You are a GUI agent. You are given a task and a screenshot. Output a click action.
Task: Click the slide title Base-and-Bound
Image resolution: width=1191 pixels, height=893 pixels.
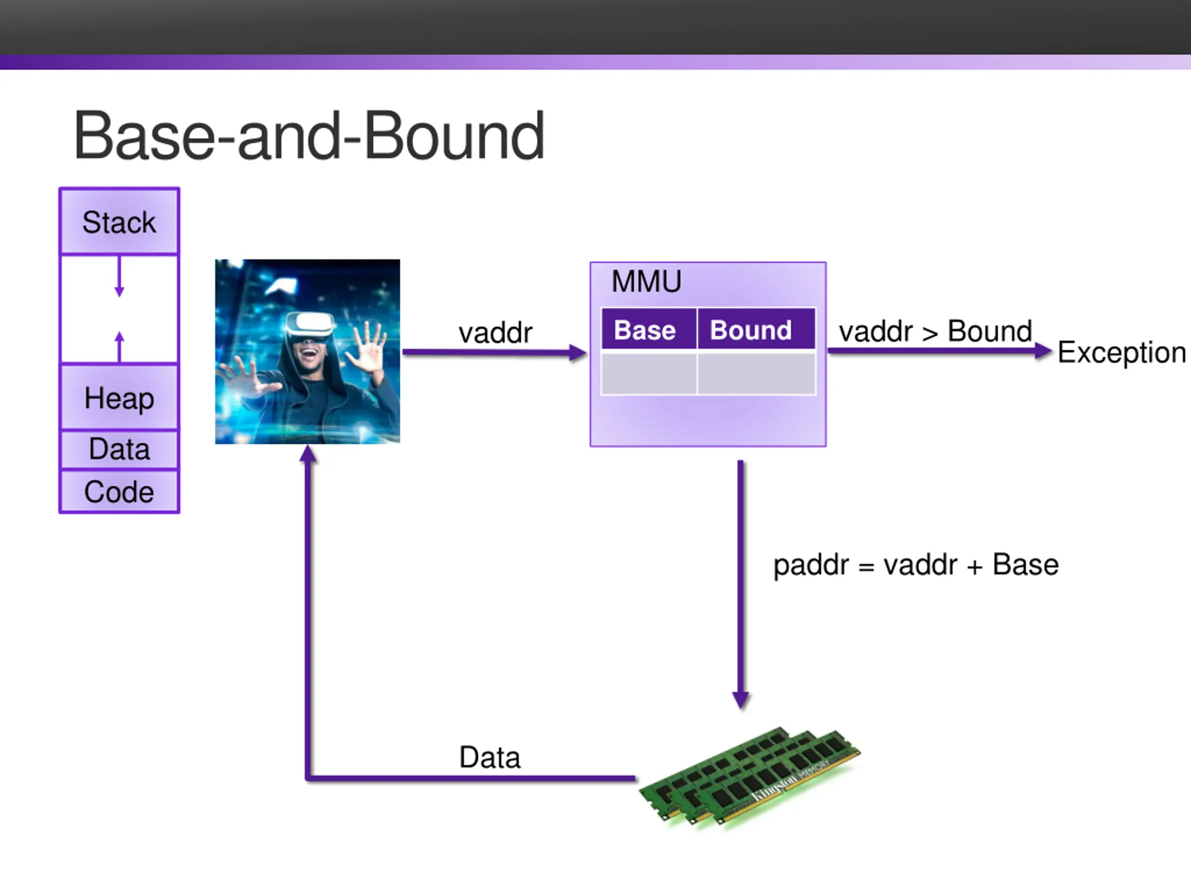pos(309,136)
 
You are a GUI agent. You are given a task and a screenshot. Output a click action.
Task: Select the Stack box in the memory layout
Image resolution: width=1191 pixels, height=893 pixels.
pos(119,222)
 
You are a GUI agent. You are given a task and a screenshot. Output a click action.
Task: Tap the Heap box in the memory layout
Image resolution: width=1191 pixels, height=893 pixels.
pos(119,398)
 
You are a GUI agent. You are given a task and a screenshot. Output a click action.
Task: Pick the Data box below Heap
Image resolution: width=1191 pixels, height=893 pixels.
pos(119,449)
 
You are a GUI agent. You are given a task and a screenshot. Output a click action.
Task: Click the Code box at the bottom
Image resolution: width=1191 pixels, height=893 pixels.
pos(119,492)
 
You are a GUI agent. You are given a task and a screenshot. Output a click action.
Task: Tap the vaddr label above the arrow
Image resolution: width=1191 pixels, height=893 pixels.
pos(495,332)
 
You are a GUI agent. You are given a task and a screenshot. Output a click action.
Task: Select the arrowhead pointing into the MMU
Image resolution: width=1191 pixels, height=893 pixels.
pos(578,353)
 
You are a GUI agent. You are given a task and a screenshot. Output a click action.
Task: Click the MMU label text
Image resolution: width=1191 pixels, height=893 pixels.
pos(646,281)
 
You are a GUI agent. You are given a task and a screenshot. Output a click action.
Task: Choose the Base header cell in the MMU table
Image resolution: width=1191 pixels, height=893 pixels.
pos(649,329)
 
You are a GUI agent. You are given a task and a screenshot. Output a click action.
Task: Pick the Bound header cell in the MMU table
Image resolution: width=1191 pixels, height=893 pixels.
pos(756,329)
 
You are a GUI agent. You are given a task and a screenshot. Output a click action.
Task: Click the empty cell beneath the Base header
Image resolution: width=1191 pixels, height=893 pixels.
pos(649,373)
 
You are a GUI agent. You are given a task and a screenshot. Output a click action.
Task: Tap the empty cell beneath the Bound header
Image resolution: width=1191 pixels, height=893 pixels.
pos(756,373)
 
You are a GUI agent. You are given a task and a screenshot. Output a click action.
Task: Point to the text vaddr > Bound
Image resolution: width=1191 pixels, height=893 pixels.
pos(935,331)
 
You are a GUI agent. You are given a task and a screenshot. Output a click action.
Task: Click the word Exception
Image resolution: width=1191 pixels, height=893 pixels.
pos(1121,353)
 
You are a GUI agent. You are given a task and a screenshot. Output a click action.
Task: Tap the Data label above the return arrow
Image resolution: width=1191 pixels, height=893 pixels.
pos(489,757)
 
